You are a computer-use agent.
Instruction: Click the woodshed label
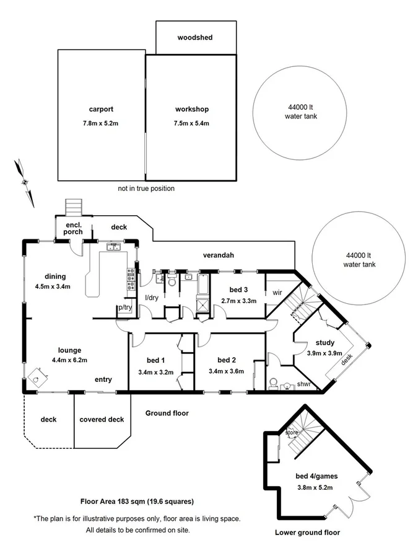coord(194,38)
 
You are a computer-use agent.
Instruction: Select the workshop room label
coord(191,109)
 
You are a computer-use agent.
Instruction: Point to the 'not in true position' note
coord(146,188)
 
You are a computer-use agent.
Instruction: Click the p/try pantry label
coord(124,308)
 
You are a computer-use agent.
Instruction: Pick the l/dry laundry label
coord(152,298)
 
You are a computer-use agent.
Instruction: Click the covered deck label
coord(102,420)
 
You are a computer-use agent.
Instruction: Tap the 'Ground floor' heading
coord(167,413)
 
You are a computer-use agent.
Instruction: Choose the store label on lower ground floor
coord(291,432)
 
